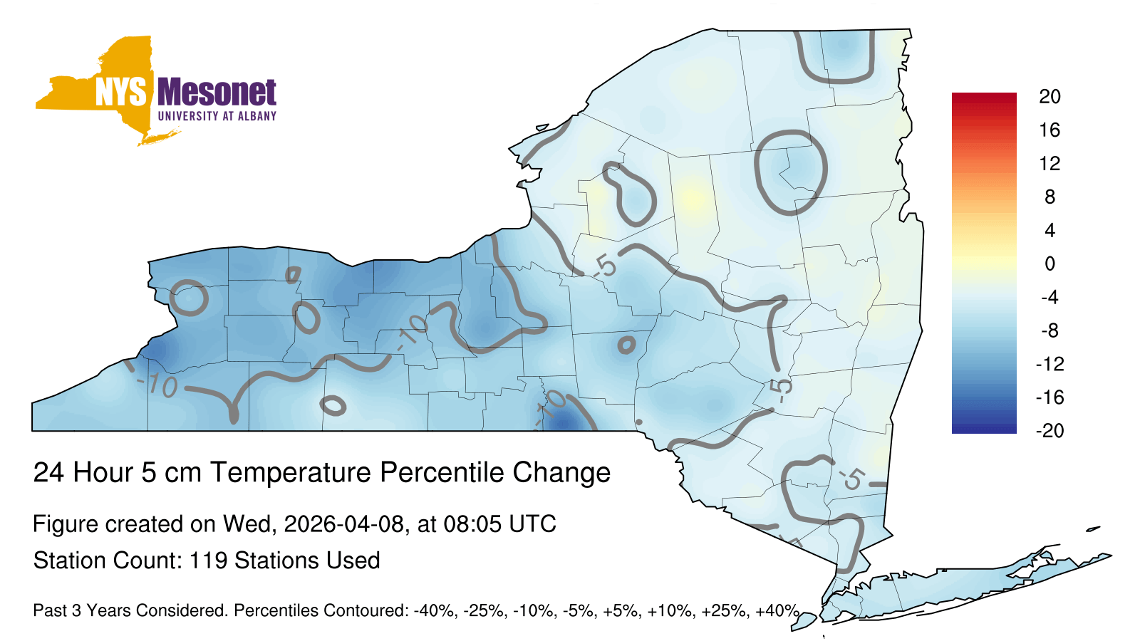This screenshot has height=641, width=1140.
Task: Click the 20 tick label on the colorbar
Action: coord(1050,97)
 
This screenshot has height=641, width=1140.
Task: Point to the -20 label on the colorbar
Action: coord(1050,431)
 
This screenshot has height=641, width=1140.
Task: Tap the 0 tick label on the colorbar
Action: coord(1050,264)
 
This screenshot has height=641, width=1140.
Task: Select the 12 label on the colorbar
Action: coord(1050,164)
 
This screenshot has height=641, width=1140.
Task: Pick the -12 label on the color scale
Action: coord(1050,364)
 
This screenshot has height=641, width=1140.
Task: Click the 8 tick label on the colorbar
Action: coord(1050,197)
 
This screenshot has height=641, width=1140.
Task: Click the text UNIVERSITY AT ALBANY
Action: coord(217,116)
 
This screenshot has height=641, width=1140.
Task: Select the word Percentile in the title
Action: coord(441,472)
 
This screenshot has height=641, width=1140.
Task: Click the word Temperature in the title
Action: coord(291,472)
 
